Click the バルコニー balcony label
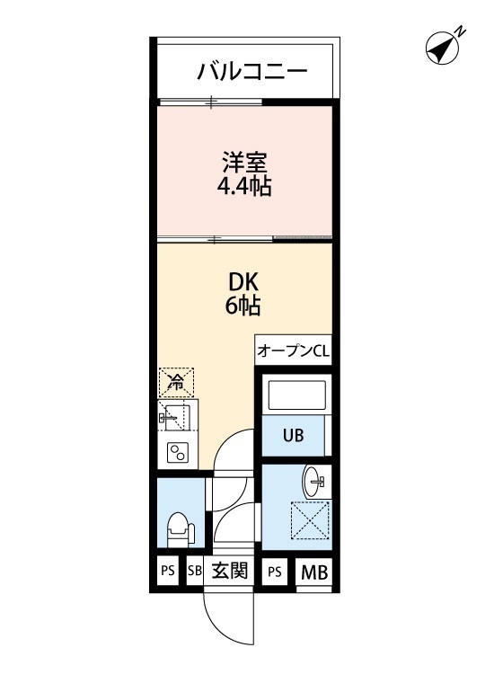pos(252,71)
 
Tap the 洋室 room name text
pos(243,163)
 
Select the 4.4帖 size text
pos(243,187)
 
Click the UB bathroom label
pos(294,436)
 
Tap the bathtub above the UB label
pos(296,396)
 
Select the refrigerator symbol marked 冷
pos(177,382)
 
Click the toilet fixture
pos(180,529)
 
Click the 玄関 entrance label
pos(230,571)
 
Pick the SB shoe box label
pos(195,571)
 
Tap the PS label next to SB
pos(167,571)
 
